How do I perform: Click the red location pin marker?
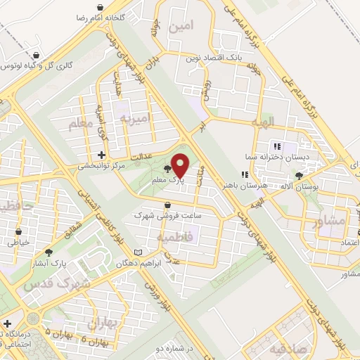(180, 165)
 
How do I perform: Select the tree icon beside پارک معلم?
(167, 169)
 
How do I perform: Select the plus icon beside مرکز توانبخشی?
(101, 154)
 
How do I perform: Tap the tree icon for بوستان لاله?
(300, 176)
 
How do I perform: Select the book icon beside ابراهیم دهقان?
(139, 252)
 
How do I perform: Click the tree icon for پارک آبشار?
(49, 251)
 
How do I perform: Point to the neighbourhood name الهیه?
(266, 122)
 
